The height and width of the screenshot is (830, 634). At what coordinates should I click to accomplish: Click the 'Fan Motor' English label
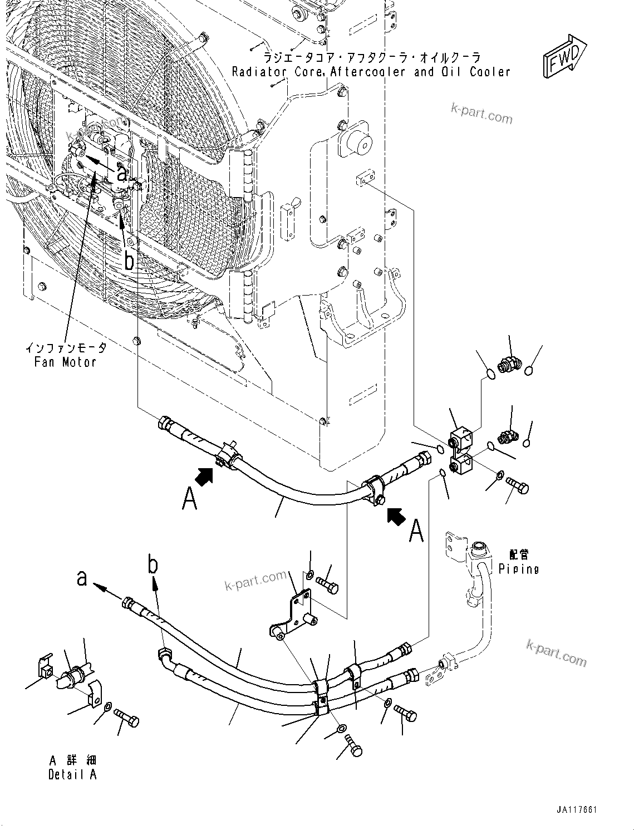[x=65, y=362]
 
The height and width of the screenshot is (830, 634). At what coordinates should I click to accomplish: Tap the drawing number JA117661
[x=575, y=810]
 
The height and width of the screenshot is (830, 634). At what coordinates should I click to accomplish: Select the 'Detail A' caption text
[x=72, y=774]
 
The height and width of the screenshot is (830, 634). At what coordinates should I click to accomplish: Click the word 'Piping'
[x=519, y=569]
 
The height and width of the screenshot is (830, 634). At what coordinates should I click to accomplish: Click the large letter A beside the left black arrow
[x=190, y=499]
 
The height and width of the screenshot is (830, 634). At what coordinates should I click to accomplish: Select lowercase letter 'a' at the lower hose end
[x=82, y=578]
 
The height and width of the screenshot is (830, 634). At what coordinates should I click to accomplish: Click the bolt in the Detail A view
[x=127, y=718]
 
